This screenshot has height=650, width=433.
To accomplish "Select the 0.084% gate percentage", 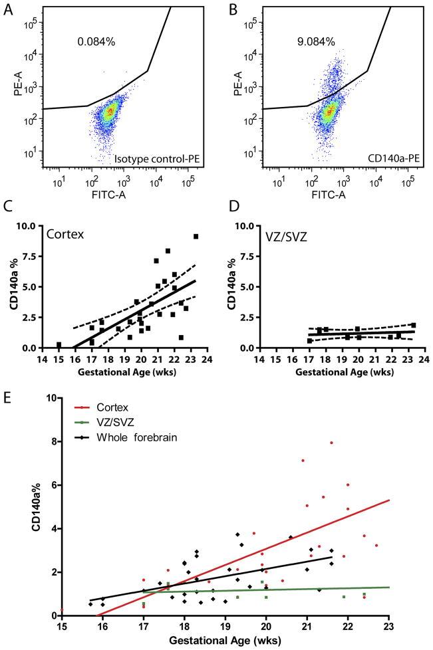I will (96, 41).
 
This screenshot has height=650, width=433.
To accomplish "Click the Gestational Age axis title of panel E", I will (225, 641).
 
